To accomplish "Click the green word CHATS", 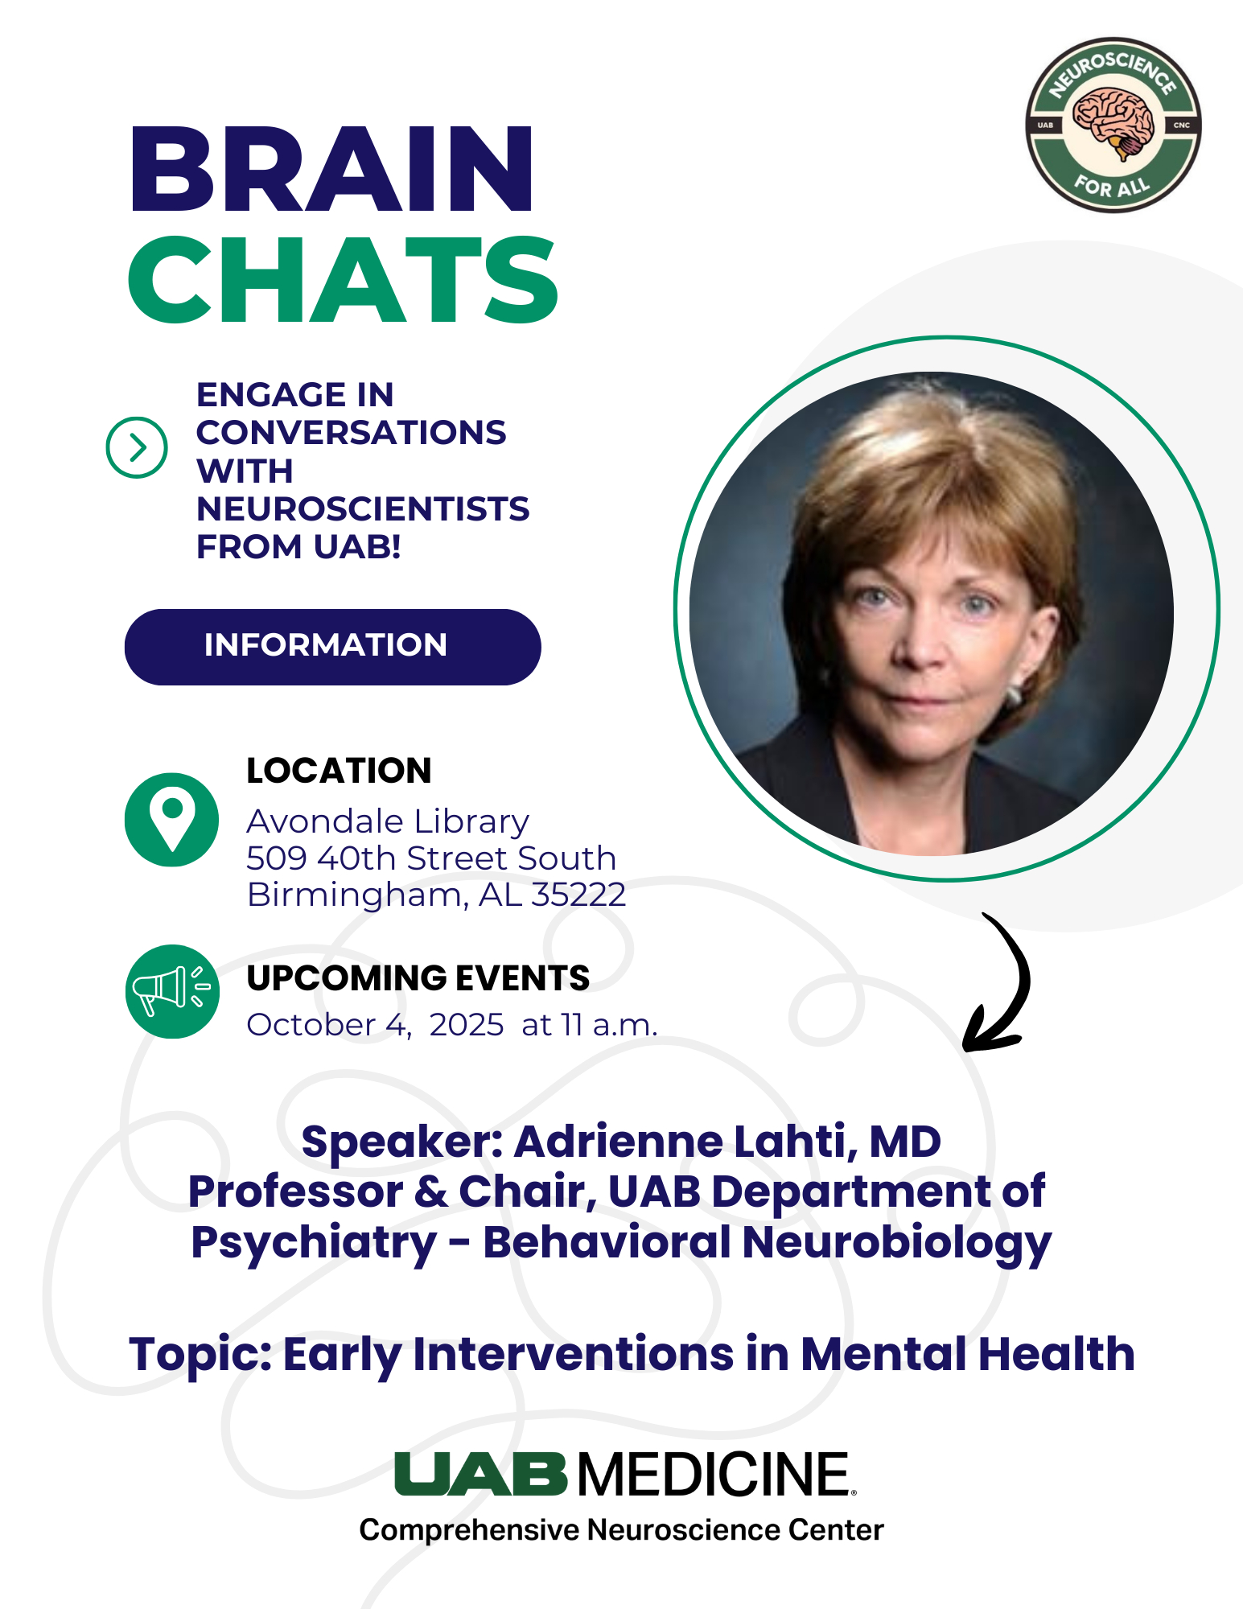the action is click(x=343, y=279).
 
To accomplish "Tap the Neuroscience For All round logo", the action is click(x=1113, y=125).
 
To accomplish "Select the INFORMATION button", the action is click(x=332, y=647).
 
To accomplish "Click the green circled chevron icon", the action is click(x=137, y=447).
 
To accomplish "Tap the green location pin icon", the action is click(x=172, y=820).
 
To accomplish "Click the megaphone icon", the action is click(x=172, y=991).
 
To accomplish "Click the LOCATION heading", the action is click(x=339, y=771).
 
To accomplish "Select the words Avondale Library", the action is click(x=388, y=821).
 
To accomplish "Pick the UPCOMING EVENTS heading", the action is click(x=418, y=978).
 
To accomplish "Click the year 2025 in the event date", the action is click(x=467, y=1025).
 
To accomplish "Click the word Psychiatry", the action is click(x=314, y=1243).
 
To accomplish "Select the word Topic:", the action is click(x=200, y=1355).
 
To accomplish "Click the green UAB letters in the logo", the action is click(x=481, y=1474).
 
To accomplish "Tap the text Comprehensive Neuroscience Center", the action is click(x=621, y=1530).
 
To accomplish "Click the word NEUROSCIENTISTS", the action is click(x=363, y=509).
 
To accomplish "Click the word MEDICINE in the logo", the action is click(x=714, y=1475).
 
